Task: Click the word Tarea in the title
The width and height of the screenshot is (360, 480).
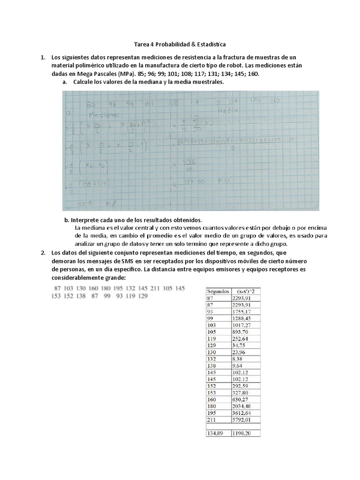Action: click(x=141, y=44)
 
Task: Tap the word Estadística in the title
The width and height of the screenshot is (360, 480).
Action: click(x=208, y=44)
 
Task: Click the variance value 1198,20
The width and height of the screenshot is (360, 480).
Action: click(x=242, y=433)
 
